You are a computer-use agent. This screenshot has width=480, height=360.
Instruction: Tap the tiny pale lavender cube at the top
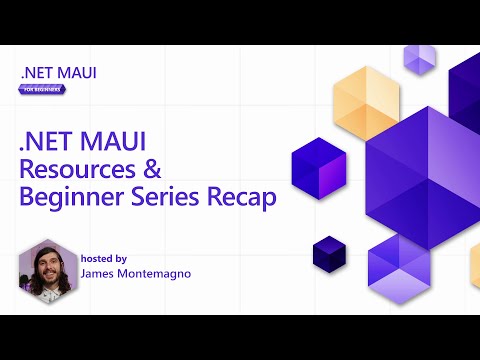(419, 59)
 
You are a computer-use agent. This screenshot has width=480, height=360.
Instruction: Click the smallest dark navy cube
(328, 253)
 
